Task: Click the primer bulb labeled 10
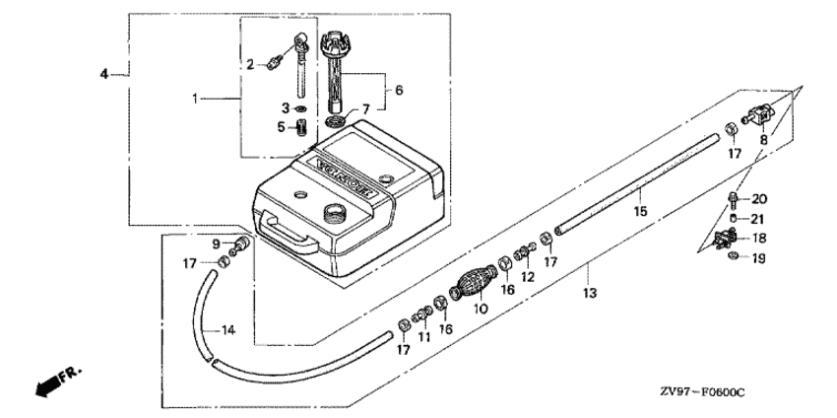click(x=473, y=281)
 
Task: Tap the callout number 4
click(x=104, y=74)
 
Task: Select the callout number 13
click(x=590, y=293)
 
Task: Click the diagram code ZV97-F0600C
click(x=702, y=393)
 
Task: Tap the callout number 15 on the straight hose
click(x=641, y=211)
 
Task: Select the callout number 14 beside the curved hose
click(x=227, y=330)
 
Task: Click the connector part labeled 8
click(x=757, y=116)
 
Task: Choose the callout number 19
click(x=758, y=258)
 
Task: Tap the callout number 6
click(x=398, y=90)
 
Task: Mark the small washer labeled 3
click(x=301, y=109)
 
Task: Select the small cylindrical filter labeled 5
click(x=302, y=129)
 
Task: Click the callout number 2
click(x=250, y=65)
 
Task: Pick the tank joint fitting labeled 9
click(x=239, y=245)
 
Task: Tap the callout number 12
click(x=528, y=277)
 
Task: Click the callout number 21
click(x=758, y=219)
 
